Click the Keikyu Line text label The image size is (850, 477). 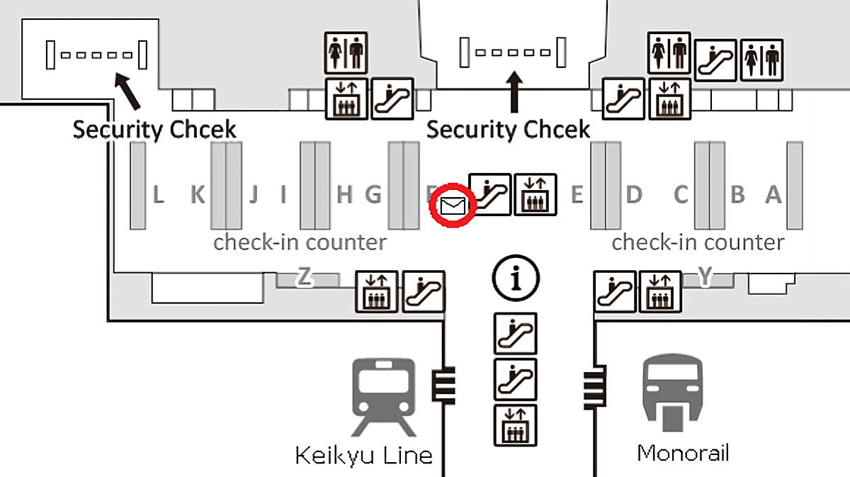click(x=363, y=454)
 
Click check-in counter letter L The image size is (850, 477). click(x=159, y=194)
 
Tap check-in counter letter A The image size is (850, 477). click(x=773, y=194)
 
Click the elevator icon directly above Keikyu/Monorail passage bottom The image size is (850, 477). click(x=516, y=424)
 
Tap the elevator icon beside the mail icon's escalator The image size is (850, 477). click(x=535, y=193)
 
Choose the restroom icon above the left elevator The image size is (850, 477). click(x=346, y=52)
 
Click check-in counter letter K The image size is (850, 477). click(x=198, y=194)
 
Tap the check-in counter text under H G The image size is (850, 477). click(x=300, y=243)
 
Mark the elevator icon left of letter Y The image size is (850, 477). click(x=660, y=291)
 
